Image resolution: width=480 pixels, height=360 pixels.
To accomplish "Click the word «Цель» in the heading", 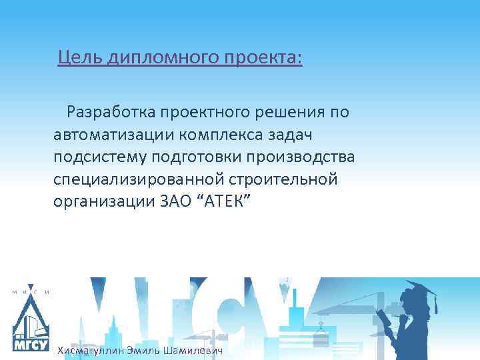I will [x=77, y=58].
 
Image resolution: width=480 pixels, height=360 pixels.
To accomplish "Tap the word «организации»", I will [x=103, y=202].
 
